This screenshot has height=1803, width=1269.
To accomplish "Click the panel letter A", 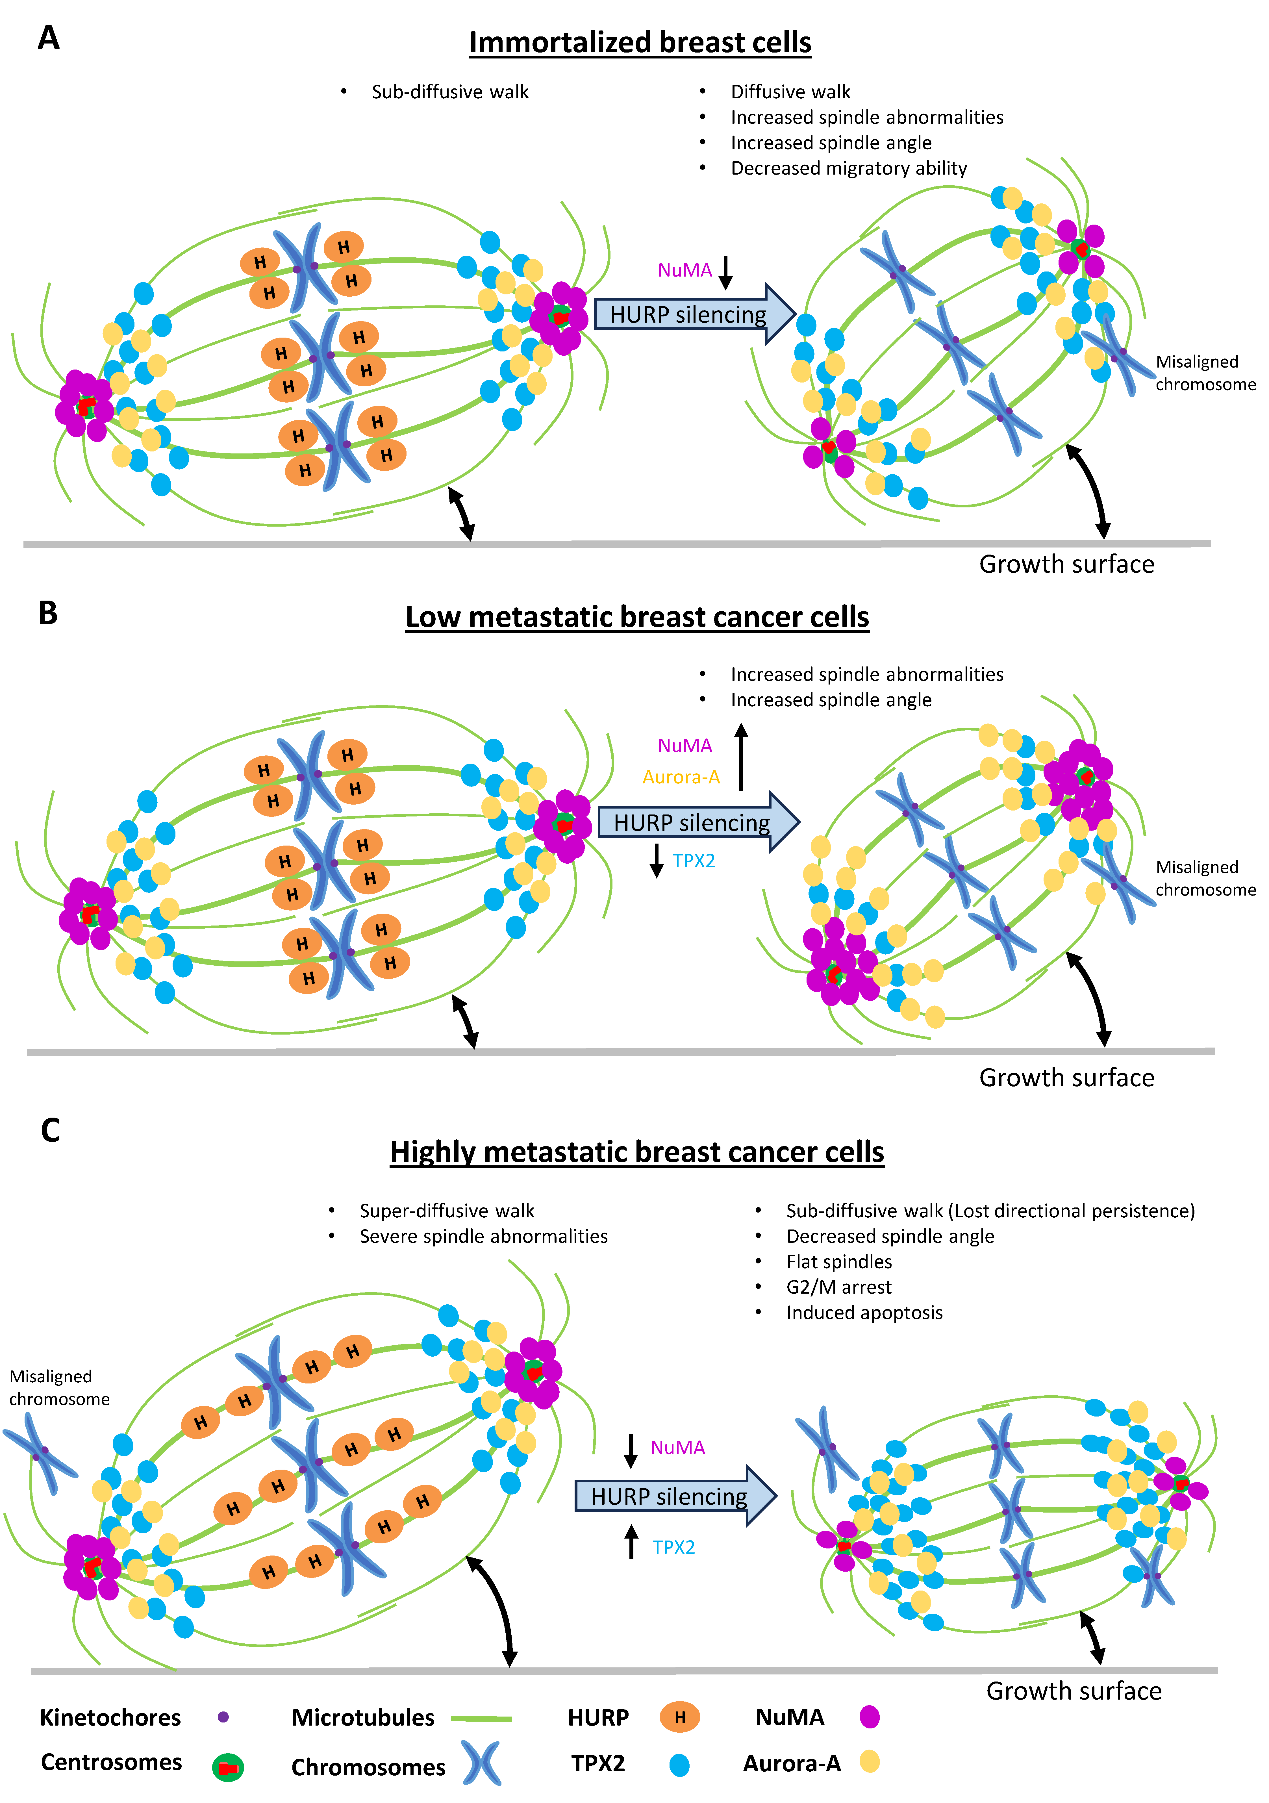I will pyautogui.click(x=49, y=38).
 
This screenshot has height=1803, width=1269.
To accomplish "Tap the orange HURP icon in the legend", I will pyautogui.click(x=679, y=1717).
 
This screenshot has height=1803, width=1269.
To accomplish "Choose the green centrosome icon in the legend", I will pyautogui.click(x=228, y=1767).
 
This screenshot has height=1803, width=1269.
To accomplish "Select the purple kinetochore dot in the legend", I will pyautogui.click(x=223, y=1717).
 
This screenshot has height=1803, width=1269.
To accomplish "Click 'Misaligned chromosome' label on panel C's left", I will pyautogui.click(x=59, y=1388).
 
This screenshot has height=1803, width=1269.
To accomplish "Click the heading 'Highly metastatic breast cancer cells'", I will pyautogui.click(x=637, y=1152).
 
